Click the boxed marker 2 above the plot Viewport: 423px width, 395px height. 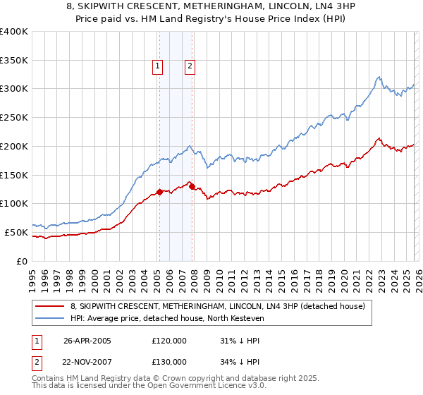coord(190,67)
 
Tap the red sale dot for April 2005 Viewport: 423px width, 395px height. coord(159,192)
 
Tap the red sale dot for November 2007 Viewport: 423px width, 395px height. coord(192,186)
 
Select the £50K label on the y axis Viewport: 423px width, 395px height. coord(16,232)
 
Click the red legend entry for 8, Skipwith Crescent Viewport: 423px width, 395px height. coord(217,306)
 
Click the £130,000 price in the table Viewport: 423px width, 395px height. coord(169,362)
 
